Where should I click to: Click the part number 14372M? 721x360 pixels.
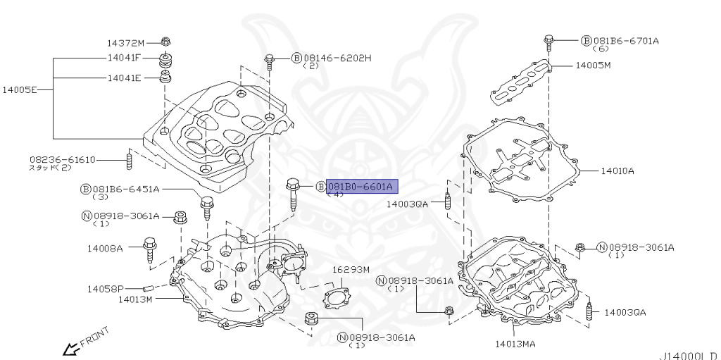coord(125,42)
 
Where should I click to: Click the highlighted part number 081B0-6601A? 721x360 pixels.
coord(361,186)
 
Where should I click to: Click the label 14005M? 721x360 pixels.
coord(593,65)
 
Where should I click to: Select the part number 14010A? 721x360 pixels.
coord(617,170)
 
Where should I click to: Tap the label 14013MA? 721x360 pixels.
coord(515,344)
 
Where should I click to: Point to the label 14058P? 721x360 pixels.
coord(106,289)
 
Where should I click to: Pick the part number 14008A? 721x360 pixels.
coord(105,248)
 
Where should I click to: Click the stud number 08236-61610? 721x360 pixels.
coord(62,159)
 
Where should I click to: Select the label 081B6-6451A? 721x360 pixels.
coord(125,189)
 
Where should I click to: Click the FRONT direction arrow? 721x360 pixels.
coord(70,348)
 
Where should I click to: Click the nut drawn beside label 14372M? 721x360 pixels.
coord(165,41)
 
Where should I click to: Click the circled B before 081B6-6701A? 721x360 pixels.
coord(586,41)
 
